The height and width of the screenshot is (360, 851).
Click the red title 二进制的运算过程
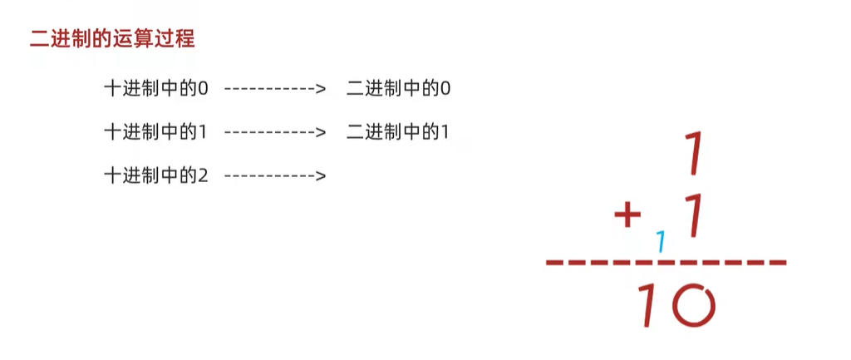coord(112,38)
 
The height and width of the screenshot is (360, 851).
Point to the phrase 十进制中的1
coord(155,131)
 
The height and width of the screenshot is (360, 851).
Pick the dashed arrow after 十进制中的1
coord(274,131)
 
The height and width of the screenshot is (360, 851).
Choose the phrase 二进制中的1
coord(399,131)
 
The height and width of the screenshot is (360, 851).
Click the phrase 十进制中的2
coord(155,175)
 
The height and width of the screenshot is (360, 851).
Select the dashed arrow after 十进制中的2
coord(274,175)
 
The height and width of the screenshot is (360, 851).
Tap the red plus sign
coord(628,217)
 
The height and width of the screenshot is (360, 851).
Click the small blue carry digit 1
coord(662,242)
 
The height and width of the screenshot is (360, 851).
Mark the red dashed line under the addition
coord(665,264)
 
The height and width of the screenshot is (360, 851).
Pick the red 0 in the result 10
coord(693,304)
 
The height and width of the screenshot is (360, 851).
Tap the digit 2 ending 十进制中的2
coord(202,175)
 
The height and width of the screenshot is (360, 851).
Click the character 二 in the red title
coord(37,38)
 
